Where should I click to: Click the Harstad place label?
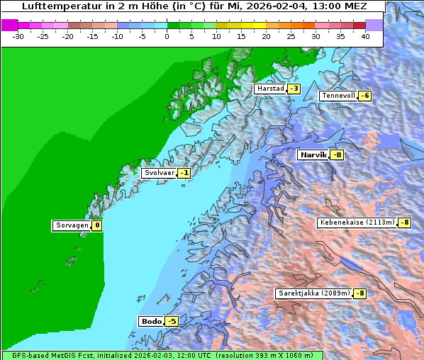(x=270, y=89)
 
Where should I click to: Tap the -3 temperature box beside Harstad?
(x=294, y=89)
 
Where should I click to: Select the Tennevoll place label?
(x=338, y=96)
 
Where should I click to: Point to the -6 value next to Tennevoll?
(x=364, y=96)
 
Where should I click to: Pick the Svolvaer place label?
(x=159, y=172)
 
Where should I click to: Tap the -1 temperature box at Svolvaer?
(x=184, y=172)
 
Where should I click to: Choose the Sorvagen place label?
(x=72, y=225)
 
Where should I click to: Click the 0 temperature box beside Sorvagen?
(x=96, y=225)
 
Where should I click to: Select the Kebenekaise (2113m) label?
(x=357, y=223)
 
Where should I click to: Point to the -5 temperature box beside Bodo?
(x=171, y=321)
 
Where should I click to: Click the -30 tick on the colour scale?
(x=18, y=35)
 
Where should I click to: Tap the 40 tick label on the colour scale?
(x=365, y=35)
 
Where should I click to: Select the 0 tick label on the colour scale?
(x=167, y=35)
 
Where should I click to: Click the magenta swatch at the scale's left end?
(x=9, y=25)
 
